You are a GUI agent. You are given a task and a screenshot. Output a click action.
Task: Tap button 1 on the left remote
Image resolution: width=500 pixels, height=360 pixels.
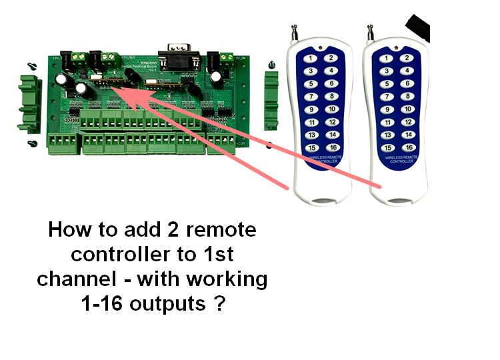tap(310, 58)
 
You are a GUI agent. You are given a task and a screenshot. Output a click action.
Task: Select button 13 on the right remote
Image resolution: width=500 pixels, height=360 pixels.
tap(387, 135)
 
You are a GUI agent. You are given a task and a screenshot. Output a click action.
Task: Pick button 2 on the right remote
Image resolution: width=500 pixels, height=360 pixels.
tap(407, 58)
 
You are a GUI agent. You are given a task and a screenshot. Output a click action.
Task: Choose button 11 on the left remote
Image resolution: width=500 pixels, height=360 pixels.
tap(310, 122)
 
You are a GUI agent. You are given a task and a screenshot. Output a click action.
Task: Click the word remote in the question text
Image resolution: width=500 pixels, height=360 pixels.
tap(221, 231)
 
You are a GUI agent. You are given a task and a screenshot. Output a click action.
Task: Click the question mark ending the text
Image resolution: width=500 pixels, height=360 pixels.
tap(219, 304)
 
